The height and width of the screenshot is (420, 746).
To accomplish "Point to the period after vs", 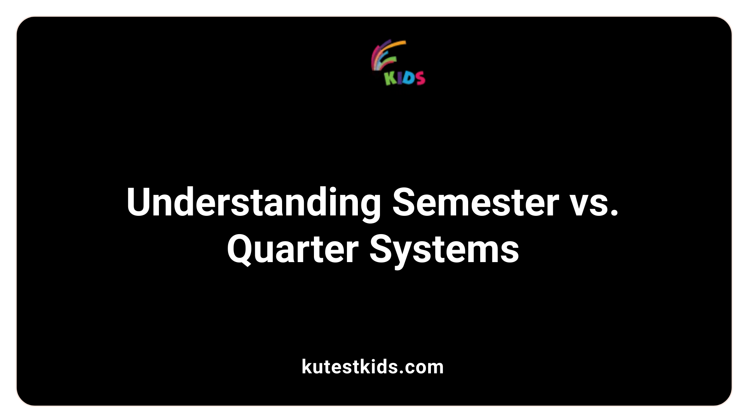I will pos(614,213).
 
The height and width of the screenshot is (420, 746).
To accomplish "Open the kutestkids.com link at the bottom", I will pos(373,367).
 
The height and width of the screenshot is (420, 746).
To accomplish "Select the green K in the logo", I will pos(390,78).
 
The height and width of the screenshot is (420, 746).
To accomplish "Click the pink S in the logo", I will pos(419,78).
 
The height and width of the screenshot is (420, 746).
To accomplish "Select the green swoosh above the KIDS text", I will pos(389,59).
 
